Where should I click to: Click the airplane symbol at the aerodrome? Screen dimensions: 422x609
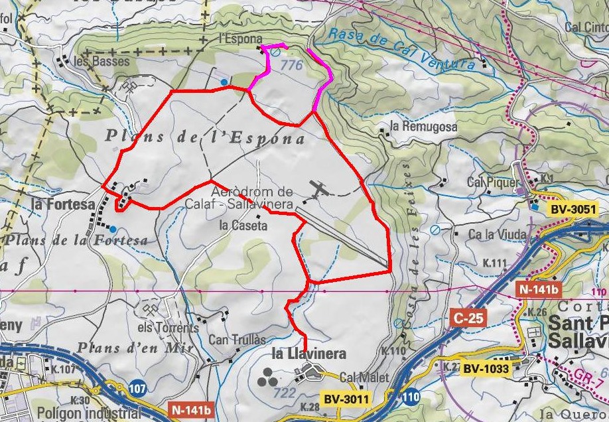click(320, 190)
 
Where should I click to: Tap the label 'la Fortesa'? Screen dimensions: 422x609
click(63, 204)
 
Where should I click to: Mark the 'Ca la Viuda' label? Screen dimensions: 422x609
click(497, 234)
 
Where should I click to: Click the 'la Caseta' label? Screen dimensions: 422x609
click(243, 226)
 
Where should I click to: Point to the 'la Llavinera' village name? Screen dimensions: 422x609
click(309, 354)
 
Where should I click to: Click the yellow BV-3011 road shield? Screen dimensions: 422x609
click(346, 399)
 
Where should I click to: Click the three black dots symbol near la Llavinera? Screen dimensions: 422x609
click(268, 376)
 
